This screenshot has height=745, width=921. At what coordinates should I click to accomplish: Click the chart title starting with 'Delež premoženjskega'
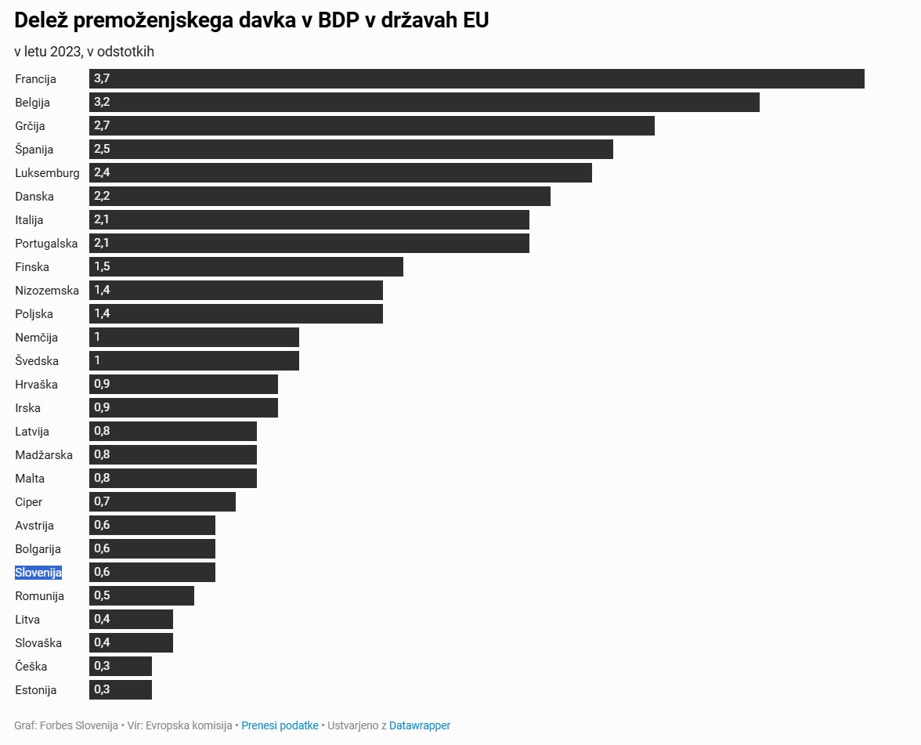tap(251, 20)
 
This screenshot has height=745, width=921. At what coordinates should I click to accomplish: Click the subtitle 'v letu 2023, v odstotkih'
tap(85, 52)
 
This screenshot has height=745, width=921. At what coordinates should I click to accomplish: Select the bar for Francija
tap(476, 79)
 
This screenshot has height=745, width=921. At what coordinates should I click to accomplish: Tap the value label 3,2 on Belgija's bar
tap(102, 102)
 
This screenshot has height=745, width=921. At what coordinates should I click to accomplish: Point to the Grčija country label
tap(30, 126)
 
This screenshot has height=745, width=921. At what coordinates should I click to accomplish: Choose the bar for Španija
tap(351, 150)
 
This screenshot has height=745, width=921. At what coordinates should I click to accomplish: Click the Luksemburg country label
tap(47, 173)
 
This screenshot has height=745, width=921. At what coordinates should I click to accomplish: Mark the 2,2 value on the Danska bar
tap(102, 196)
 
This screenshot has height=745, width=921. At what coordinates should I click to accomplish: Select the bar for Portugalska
tap(309, 244)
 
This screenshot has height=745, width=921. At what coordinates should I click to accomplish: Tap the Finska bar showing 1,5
tap(246, 267)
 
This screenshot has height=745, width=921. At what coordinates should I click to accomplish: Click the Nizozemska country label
tap(47, 291)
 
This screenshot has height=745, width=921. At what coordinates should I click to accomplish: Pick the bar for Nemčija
tap(194, 338)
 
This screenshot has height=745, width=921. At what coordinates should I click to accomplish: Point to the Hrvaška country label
tap(36, 385)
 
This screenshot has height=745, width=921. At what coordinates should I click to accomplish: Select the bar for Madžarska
tap(173, 455)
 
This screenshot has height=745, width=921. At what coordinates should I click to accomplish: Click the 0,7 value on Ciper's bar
tap(102, 501)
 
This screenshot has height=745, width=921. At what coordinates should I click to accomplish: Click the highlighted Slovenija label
tap(38, 573)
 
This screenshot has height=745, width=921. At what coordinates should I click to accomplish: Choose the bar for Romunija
tap(142, 596)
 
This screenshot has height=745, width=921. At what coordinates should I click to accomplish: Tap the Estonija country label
tap(36, 690)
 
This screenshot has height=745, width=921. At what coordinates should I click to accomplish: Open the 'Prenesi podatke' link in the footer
tap(280, 725)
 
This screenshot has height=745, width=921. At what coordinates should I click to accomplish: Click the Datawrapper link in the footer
tap(420, 725)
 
